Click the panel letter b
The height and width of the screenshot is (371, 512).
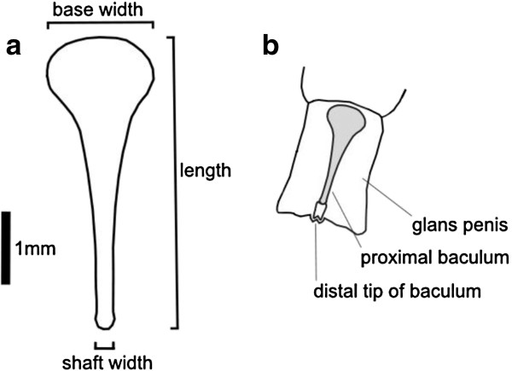click(272, 48)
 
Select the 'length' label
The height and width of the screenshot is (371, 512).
click(206, 170)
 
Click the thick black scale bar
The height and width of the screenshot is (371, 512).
click(6, 246)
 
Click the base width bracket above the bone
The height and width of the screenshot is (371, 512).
click(101, 25)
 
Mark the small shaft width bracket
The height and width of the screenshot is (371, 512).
click(103, 345)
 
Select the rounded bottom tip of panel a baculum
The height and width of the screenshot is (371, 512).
click(103, 321)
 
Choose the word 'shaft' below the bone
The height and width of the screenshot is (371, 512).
click(82, 362)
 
